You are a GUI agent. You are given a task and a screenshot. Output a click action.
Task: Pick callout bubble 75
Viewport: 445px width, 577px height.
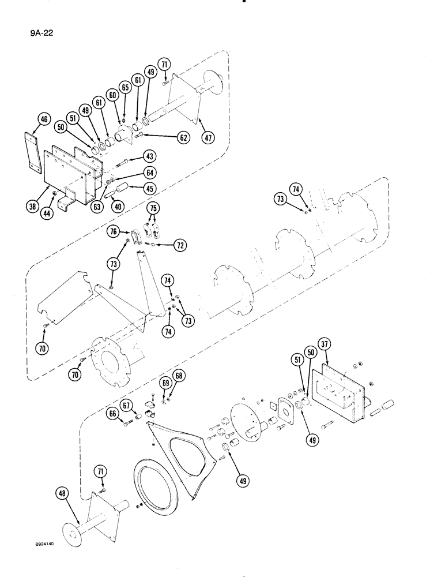[x=153, y=208]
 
